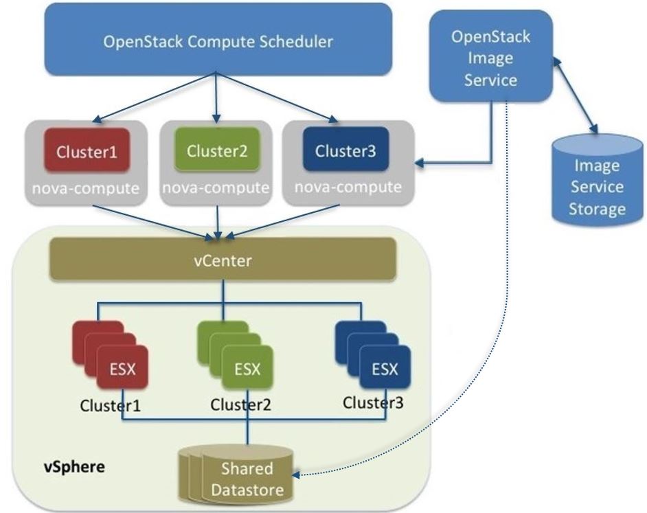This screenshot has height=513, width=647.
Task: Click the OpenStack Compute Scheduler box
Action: (x=218, y=41)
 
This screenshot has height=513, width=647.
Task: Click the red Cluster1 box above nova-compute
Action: (x=87, y=152)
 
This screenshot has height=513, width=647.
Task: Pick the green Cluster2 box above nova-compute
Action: (x=217, y=151)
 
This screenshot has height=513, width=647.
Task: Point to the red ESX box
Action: (x=122, y=369)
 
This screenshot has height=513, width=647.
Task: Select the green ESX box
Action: (x=247, y=369)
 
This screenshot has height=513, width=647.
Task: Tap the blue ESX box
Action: (x=385, y=369)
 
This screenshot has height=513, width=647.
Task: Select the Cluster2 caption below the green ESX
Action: (x=240, y=404)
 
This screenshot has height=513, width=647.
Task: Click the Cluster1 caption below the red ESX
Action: (x=110, y=405)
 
